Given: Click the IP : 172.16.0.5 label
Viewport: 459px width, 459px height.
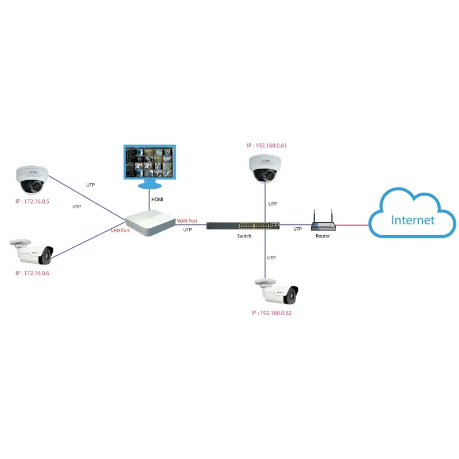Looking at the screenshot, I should click(x=33, y=202).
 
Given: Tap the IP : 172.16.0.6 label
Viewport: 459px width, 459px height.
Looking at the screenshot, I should click(x=33, y=273).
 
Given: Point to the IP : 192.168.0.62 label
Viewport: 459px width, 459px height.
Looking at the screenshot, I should click(x=277, y=314).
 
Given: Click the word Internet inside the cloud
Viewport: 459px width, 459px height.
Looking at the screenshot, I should click(x=413, y=220).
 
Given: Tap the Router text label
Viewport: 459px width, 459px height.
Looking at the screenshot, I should click(x=322, y=236).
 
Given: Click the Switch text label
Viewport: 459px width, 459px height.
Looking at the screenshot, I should click(x=244, y=236).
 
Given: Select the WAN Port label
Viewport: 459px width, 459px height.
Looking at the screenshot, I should click(x=187, y=220).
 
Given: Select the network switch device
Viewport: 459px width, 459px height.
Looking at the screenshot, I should click(x=243, y=225).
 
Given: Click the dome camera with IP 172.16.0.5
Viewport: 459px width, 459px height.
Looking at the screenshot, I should click(x=32, y=179).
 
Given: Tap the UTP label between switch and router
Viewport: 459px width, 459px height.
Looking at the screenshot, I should click(x=297, y=229).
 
